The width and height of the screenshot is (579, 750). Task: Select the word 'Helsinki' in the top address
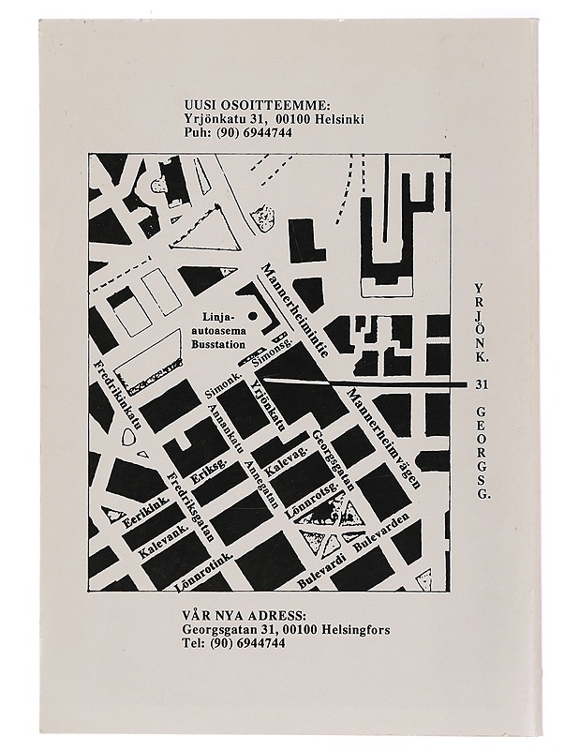334,119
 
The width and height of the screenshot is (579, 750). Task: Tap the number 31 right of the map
482,384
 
